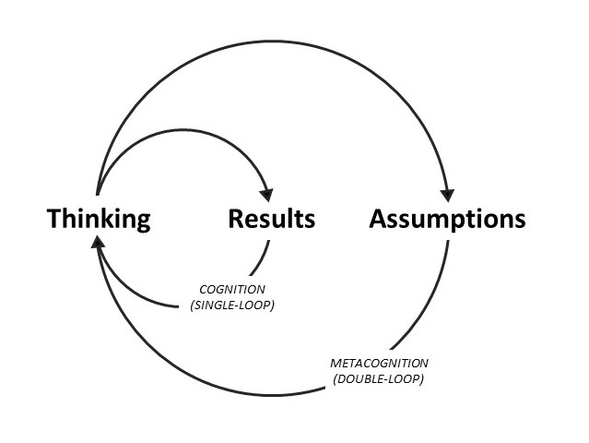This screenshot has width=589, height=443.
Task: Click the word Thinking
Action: click(x=99, y=220)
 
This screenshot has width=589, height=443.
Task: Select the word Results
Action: click(x=271, y=219)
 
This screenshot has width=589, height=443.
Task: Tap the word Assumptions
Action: click(x=447, y=220)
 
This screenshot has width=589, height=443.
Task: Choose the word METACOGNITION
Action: click(x=379, y=363)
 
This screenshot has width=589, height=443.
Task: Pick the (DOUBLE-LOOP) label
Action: click(x=380, y=379)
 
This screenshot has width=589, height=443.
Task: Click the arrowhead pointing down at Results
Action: click(x=266, y=195)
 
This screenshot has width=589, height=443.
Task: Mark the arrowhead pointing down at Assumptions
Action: click(x=448, y=194)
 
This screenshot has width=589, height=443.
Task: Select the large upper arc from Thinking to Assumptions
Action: click(x=277, y=43)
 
